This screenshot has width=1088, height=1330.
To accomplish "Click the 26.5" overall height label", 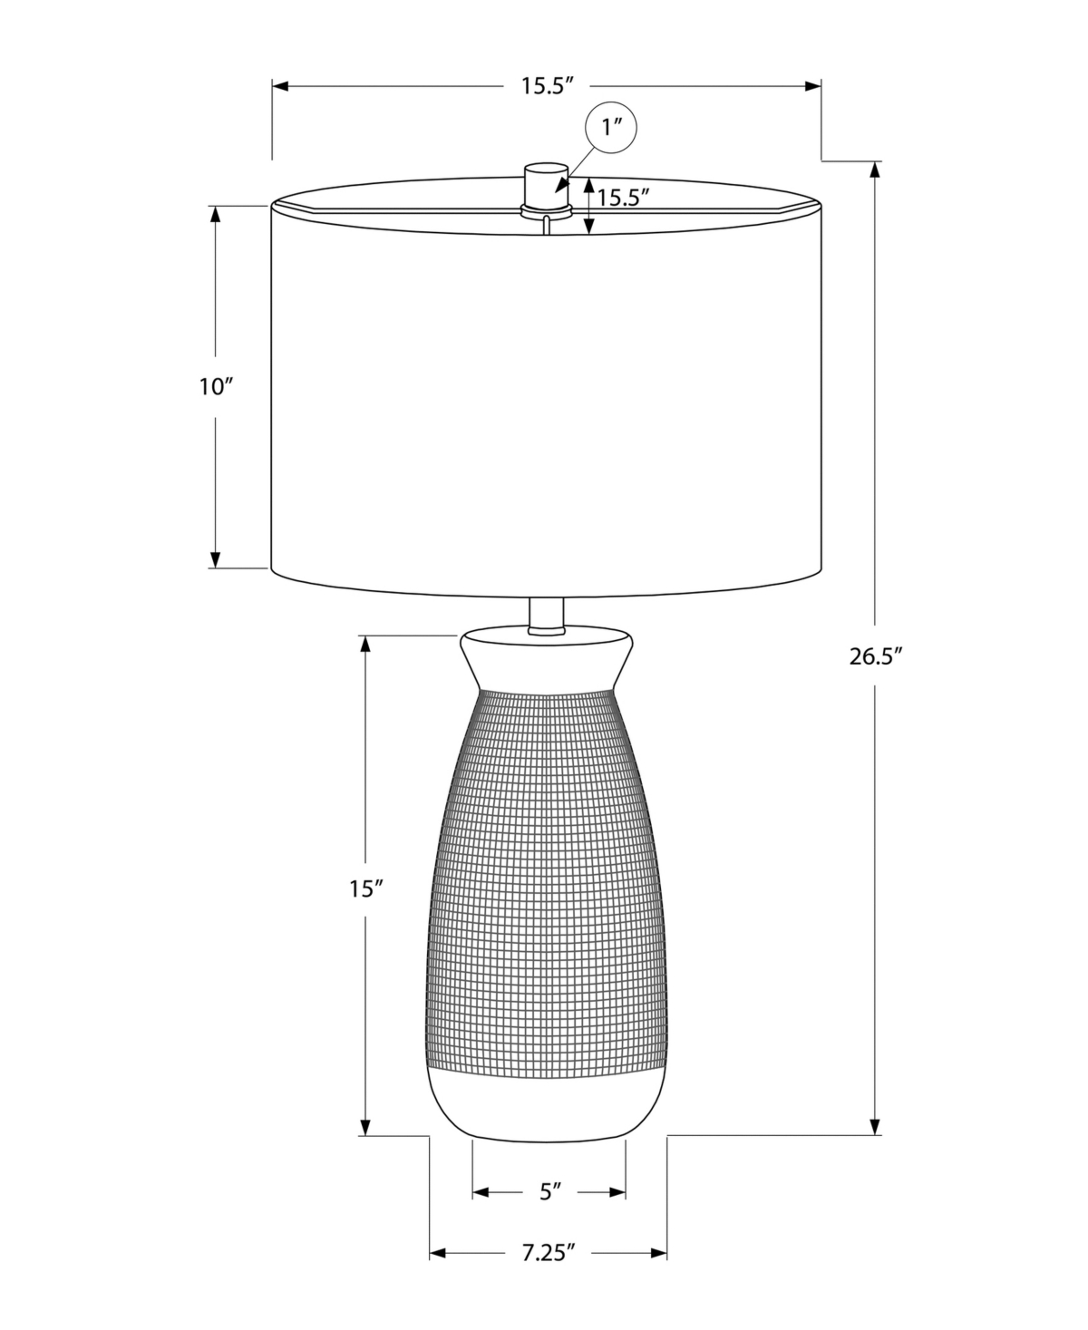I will (x=877, y=657).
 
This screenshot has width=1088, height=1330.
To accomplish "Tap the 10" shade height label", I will (x=217, y=387).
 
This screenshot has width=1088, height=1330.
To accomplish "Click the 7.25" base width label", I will (x=549, y=1254).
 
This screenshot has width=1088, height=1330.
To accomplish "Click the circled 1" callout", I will (x=613, y=129).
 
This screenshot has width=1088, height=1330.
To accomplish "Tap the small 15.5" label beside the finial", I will (x=624, y=198).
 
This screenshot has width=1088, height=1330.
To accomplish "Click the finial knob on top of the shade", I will (x=546, y=184).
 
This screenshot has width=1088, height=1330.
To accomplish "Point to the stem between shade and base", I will (x=546, y=613).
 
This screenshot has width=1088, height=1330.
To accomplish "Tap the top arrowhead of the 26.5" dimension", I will (x=875, y=170).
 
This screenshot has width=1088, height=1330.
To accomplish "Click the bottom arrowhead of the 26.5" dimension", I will (x=875, y=1127).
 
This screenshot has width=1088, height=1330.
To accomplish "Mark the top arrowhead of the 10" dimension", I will (x=216, y=214).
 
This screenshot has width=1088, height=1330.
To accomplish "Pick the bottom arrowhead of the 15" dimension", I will (x=364, y=1127).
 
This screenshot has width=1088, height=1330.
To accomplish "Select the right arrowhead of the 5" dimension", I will (x=618, y=1191).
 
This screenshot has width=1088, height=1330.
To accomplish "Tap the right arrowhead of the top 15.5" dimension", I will (x=813, y=86).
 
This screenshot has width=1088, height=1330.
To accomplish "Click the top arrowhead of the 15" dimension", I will (x=364, y=642).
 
